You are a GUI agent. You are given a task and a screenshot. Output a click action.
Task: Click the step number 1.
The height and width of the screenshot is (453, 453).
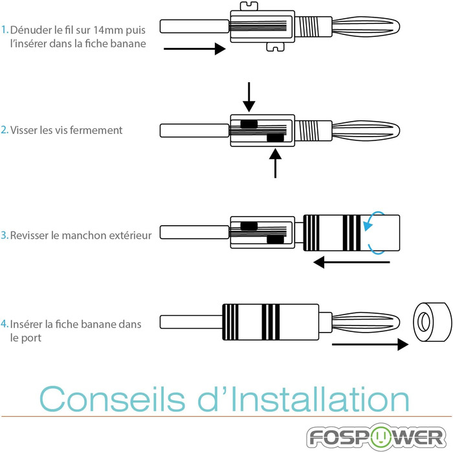point(5,30)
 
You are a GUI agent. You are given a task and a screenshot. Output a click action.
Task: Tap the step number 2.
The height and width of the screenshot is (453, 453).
point(5,130)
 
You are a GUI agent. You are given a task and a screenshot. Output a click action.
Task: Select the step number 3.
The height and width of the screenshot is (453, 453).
point(5,235)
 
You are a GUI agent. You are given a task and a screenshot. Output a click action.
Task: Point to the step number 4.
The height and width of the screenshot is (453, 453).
point(5,324)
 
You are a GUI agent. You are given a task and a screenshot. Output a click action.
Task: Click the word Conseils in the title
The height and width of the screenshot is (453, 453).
point(112,399)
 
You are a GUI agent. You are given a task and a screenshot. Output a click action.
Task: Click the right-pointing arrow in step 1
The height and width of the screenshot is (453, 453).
point(194,49)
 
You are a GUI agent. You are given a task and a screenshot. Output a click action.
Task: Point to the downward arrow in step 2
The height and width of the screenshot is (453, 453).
point(249,97)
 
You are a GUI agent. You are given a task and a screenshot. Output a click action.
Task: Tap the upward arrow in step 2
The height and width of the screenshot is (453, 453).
point(275,163)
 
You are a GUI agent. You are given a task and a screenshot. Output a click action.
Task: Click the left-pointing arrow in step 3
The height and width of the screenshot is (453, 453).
point(351,262)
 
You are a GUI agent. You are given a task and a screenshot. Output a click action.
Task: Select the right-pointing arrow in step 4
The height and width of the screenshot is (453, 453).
point(370,344)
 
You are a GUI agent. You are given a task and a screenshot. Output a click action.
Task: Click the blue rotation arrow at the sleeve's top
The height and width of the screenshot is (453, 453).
point(373,221)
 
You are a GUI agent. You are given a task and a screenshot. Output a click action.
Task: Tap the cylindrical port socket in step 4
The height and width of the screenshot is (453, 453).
point(432,322)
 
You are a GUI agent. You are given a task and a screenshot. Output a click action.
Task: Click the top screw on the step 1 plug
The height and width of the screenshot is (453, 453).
point(249,6)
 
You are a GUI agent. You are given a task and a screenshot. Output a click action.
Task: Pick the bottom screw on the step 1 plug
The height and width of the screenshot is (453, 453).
point(275,47)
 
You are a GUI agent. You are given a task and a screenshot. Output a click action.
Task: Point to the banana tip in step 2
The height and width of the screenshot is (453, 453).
point(366,131)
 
